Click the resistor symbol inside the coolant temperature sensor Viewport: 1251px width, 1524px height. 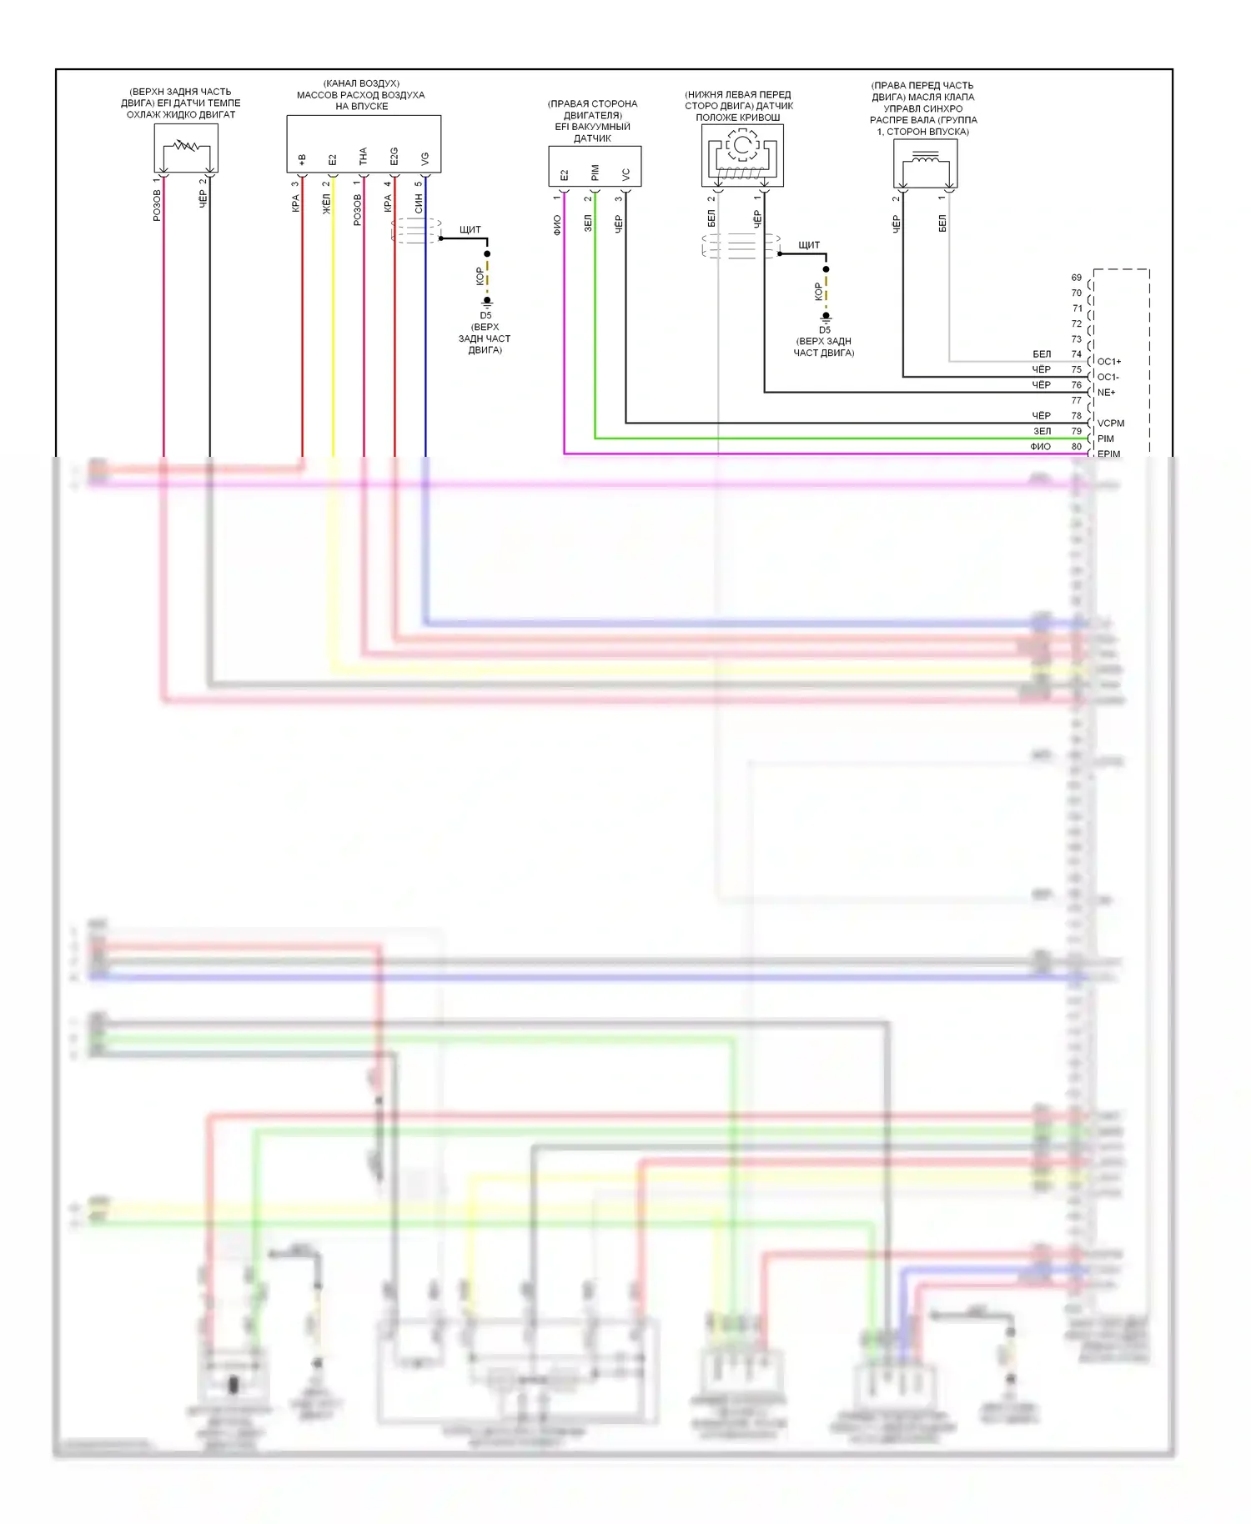pos(185,148)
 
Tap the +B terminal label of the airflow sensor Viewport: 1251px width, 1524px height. pos(302,158)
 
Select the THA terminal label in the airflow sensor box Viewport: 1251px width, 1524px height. pos(363,156)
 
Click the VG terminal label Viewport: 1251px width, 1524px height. pos(425,158)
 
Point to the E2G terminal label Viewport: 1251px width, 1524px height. pos(394,156)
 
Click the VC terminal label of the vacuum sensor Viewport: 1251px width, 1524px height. pos(625,174)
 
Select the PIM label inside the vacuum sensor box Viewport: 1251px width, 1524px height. pos(595,173)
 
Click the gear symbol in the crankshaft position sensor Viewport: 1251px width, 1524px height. pos(742,146)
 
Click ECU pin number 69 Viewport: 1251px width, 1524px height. pos(1077,278)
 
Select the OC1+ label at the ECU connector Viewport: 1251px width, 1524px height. pos(1109,362)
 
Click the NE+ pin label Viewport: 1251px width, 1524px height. pos(1107,393)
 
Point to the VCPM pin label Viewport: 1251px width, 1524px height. pos(1111,424)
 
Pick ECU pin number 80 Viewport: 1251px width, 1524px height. pos(1077,447)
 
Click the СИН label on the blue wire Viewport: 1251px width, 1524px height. pos(419,203)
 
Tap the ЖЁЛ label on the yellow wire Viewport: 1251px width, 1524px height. pos(326,204)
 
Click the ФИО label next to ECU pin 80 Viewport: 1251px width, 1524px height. pos(1040,447)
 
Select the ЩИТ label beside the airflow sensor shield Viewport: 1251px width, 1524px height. pos(470,229)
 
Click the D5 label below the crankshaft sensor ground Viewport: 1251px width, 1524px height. pos(824,330)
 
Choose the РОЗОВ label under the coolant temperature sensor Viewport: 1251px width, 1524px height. pos(157,205)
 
